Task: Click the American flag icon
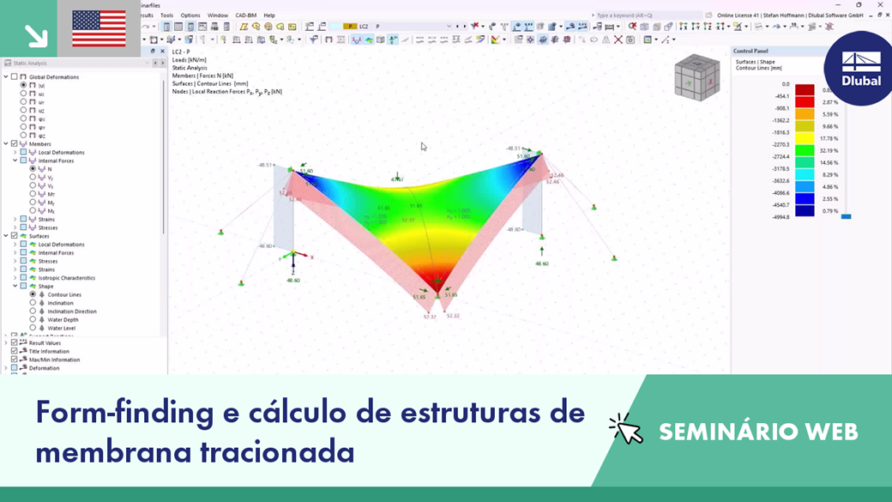point(99,29)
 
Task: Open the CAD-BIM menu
point(245,15)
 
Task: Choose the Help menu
point(269,15)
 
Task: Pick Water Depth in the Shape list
point(63,319)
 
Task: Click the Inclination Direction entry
point(71,311)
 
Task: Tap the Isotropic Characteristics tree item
point(66,278)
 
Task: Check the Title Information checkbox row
point(49,351)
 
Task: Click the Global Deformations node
point(53,76)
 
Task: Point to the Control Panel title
point(750,51)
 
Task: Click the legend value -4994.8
point(779,217)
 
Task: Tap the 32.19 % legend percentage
point(829,150)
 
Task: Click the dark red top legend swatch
point(805,89)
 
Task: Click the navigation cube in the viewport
point(696,77)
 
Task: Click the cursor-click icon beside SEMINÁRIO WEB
point(625,429)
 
